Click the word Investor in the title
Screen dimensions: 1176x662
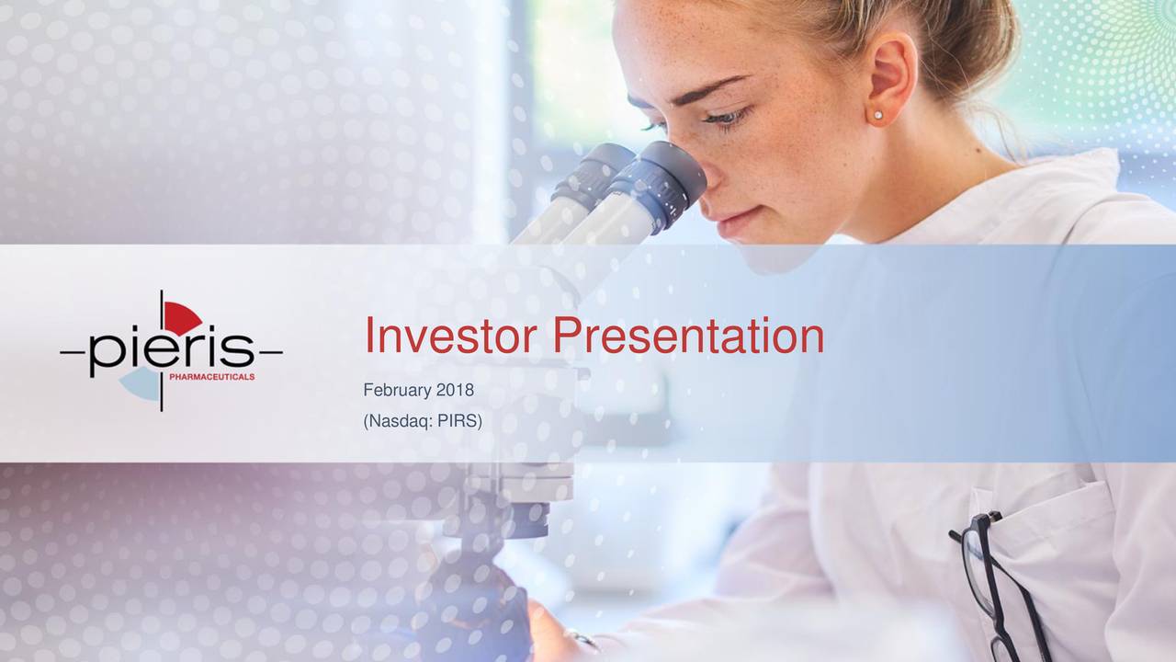point(450,336)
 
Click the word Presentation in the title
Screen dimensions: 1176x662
point(688,336)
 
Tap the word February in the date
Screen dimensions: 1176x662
point(397,391)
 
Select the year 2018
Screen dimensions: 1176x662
point(455,390)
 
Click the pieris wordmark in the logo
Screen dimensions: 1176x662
point(172,350)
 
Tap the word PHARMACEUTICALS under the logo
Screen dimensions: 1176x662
point(212,377)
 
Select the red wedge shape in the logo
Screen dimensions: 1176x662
point(181,318)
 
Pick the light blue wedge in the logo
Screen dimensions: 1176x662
point(141,383)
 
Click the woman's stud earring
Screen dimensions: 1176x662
point(877,115)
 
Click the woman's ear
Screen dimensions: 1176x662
point(890,79)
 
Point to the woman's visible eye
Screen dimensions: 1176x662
point(727,117)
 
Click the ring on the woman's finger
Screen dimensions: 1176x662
point(582,639)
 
